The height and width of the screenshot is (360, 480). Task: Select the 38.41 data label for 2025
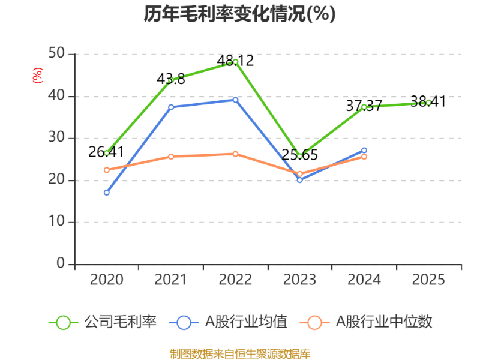click(428, 102)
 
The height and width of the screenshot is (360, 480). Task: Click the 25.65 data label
click(299, 155)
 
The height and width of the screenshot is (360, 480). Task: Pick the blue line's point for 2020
click(106, 193)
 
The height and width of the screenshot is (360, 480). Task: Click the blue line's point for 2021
click(171, 107)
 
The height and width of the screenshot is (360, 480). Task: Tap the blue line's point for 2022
click(235, 100)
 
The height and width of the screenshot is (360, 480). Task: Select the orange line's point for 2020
click(106, 170)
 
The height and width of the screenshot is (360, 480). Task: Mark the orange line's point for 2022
click(235, 154)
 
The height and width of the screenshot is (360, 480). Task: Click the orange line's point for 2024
click(364, 157)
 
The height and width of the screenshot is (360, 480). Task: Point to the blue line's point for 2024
click(364, 150)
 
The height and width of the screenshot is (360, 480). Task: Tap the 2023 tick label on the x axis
click(299, 280)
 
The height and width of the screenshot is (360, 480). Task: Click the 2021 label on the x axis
click(171, 280)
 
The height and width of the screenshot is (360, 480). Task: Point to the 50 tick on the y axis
click(57, 54)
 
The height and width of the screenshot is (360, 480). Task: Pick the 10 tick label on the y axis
click(57, 222)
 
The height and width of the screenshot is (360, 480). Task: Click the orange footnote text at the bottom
click(240, 353)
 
